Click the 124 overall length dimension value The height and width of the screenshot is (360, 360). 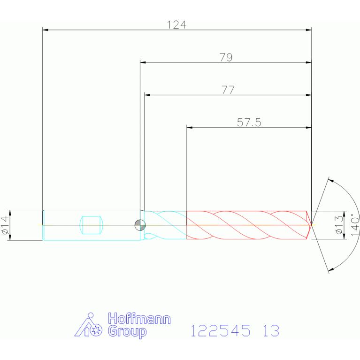click(x=176, y=25)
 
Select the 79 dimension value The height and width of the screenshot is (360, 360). click(x=226, y=57)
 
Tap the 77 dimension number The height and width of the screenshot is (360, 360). click(x=228, y=90)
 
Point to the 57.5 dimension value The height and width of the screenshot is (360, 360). click(x=249, y=123)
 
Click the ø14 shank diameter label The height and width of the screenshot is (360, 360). click(x=6, y=225)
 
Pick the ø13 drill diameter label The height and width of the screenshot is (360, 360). click(x=339, y=225)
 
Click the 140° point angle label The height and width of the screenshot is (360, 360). click(x=355, y=224)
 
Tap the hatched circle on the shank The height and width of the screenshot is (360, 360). click(x=140, y=225)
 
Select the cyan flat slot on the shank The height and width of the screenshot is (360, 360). click(x=91, y=225)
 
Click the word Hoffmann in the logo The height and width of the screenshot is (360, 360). click(x=139, y=319)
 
